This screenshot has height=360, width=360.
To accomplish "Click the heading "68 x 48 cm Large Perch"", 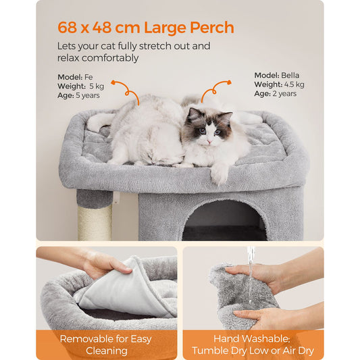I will pyautogui.click(x=145, y=28).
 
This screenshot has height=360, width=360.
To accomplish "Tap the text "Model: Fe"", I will pyautogui.click(x=75, y=76).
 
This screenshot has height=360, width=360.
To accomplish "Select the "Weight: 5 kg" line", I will pyautogui.click(x=80, y=86).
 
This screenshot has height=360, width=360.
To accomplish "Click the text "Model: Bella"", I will pyautogui.click(x=276, y=75).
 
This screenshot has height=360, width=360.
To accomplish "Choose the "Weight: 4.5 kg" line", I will pyautogui.click(x=279, y=84).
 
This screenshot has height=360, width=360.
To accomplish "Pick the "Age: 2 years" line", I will pyautogui.click(x=275, y=94).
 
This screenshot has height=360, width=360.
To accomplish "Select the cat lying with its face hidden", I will pyautogui.click(x=145, y=135).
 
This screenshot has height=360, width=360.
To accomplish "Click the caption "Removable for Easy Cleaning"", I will pyautogui.click(x=107, y=344).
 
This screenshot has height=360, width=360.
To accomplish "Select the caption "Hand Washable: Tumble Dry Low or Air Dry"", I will pyautogui.click(x=253, y=344).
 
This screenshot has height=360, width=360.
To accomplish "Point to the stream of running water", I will pyautogui.click(x=251, y=274).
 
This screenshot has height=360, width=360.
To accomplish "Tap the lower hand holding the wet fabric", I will pyautogui.click(x=270, y=316).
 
